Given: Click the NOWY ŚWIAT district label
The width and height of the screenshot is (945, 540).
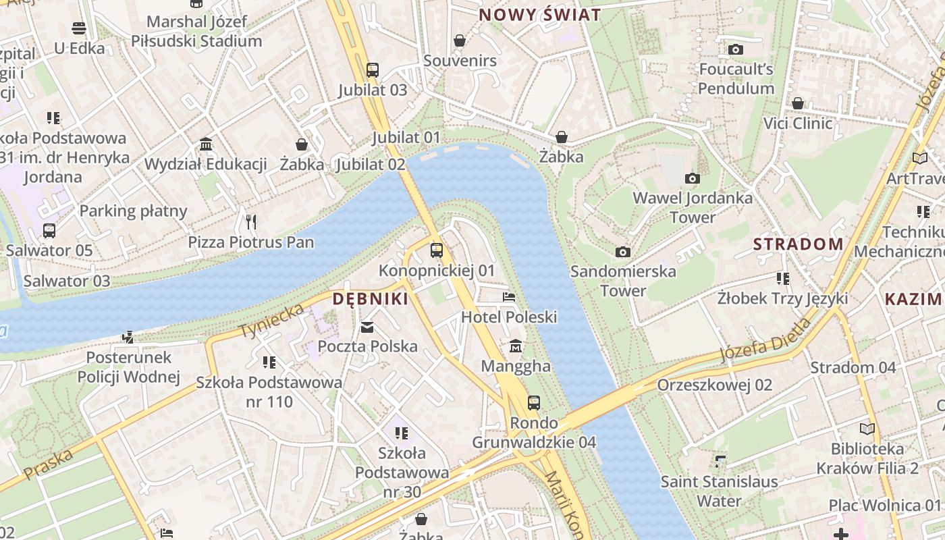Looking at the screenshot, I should coord(539,15).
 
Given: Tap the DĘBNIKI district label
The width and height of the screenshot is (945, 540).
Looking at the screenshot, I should coord(371,299).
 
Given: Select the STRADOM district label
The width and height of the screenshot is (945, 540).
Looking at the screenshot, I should coord(798,244).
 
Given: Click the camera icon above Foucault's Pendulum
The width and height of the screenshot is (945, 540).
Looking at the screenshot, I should coord(736,49).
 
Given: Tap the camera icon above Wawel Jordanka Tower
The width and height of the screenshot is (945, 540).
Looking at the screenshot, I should coord(692,179).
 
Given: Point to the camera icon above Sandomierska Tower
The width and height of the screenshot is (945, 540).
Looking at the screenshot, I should coord(623,252).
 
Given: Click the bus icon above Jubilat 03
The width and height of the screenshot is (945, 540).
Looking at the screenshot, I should coord(373,70).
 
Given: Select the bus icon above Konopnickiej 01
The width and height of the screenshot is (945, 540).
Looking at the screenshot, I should coord(437,250).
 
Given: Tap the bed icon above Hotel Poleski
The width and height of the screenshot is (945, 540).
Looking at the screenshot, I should coord(509,297).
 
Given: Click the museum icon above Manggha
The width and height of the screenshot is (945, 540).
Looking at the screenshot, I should coord(516,346).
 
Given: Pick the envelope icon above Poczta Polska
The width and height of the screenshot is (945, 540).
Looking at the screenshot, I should coord(367,327).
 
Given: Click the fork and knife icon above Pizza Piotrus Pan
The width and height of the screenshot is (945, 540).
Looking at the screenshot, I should coord(251,221).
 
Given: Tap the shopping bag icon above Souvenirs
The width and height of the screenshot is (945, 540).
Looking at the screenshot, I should coord(460,40).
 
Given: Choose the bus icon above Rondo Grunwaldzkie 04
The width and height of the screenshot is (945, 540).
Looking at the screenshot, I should coord(534,403).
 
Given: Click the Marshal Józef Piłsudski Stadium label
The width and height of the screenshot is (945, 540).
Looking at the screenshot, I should coord(196,31).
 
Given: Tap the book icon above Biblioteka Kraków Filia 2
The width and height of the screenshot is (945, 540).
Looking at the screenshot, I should coord(867,429).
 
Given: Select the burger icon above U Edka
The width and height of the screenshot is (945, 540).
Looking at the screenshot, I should coord(80,28).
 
